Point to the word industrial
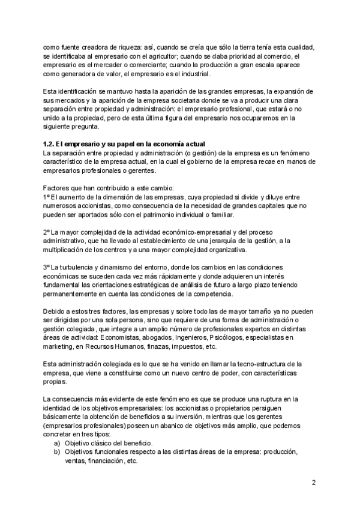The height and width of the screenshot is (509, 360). pyautogui.click(x=194, y=74)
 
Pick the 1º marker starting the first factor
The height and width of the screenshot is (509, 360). pyautogui.click(x=46, y=197)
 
